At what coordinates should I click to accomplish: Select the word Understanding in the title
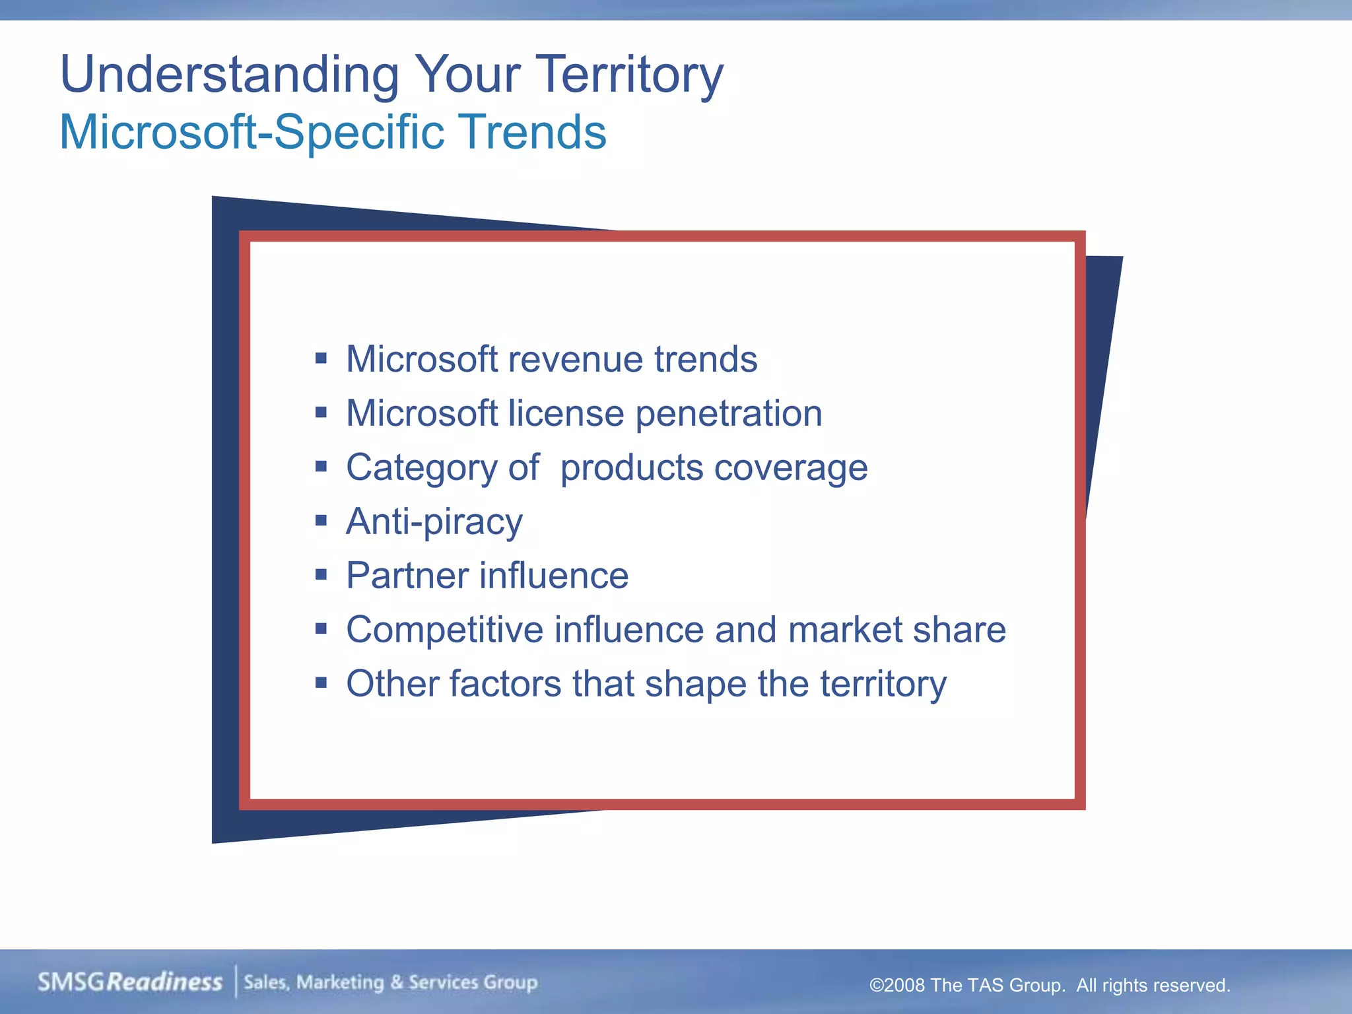click(229, 75)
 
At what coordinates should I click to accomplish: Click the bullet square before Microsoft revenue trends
click(321, 358)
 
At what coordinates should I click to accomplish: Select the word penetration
click(729, 415)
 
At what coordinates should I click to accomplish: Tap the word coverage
click(791, 468)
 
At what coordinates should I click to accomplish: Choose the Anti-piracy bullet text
click(434, 522)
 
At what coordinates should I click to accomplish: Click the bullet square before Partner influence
click(321, 574)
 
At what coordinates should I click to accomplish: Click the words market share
click(896, 630)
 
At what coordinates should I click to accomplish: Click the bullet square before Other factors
click(321, 683)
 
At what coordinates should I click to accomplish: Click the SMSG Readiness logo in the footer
click(130, 982)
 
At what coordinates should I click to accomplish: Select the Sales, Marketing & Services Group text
click(390, 982)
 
